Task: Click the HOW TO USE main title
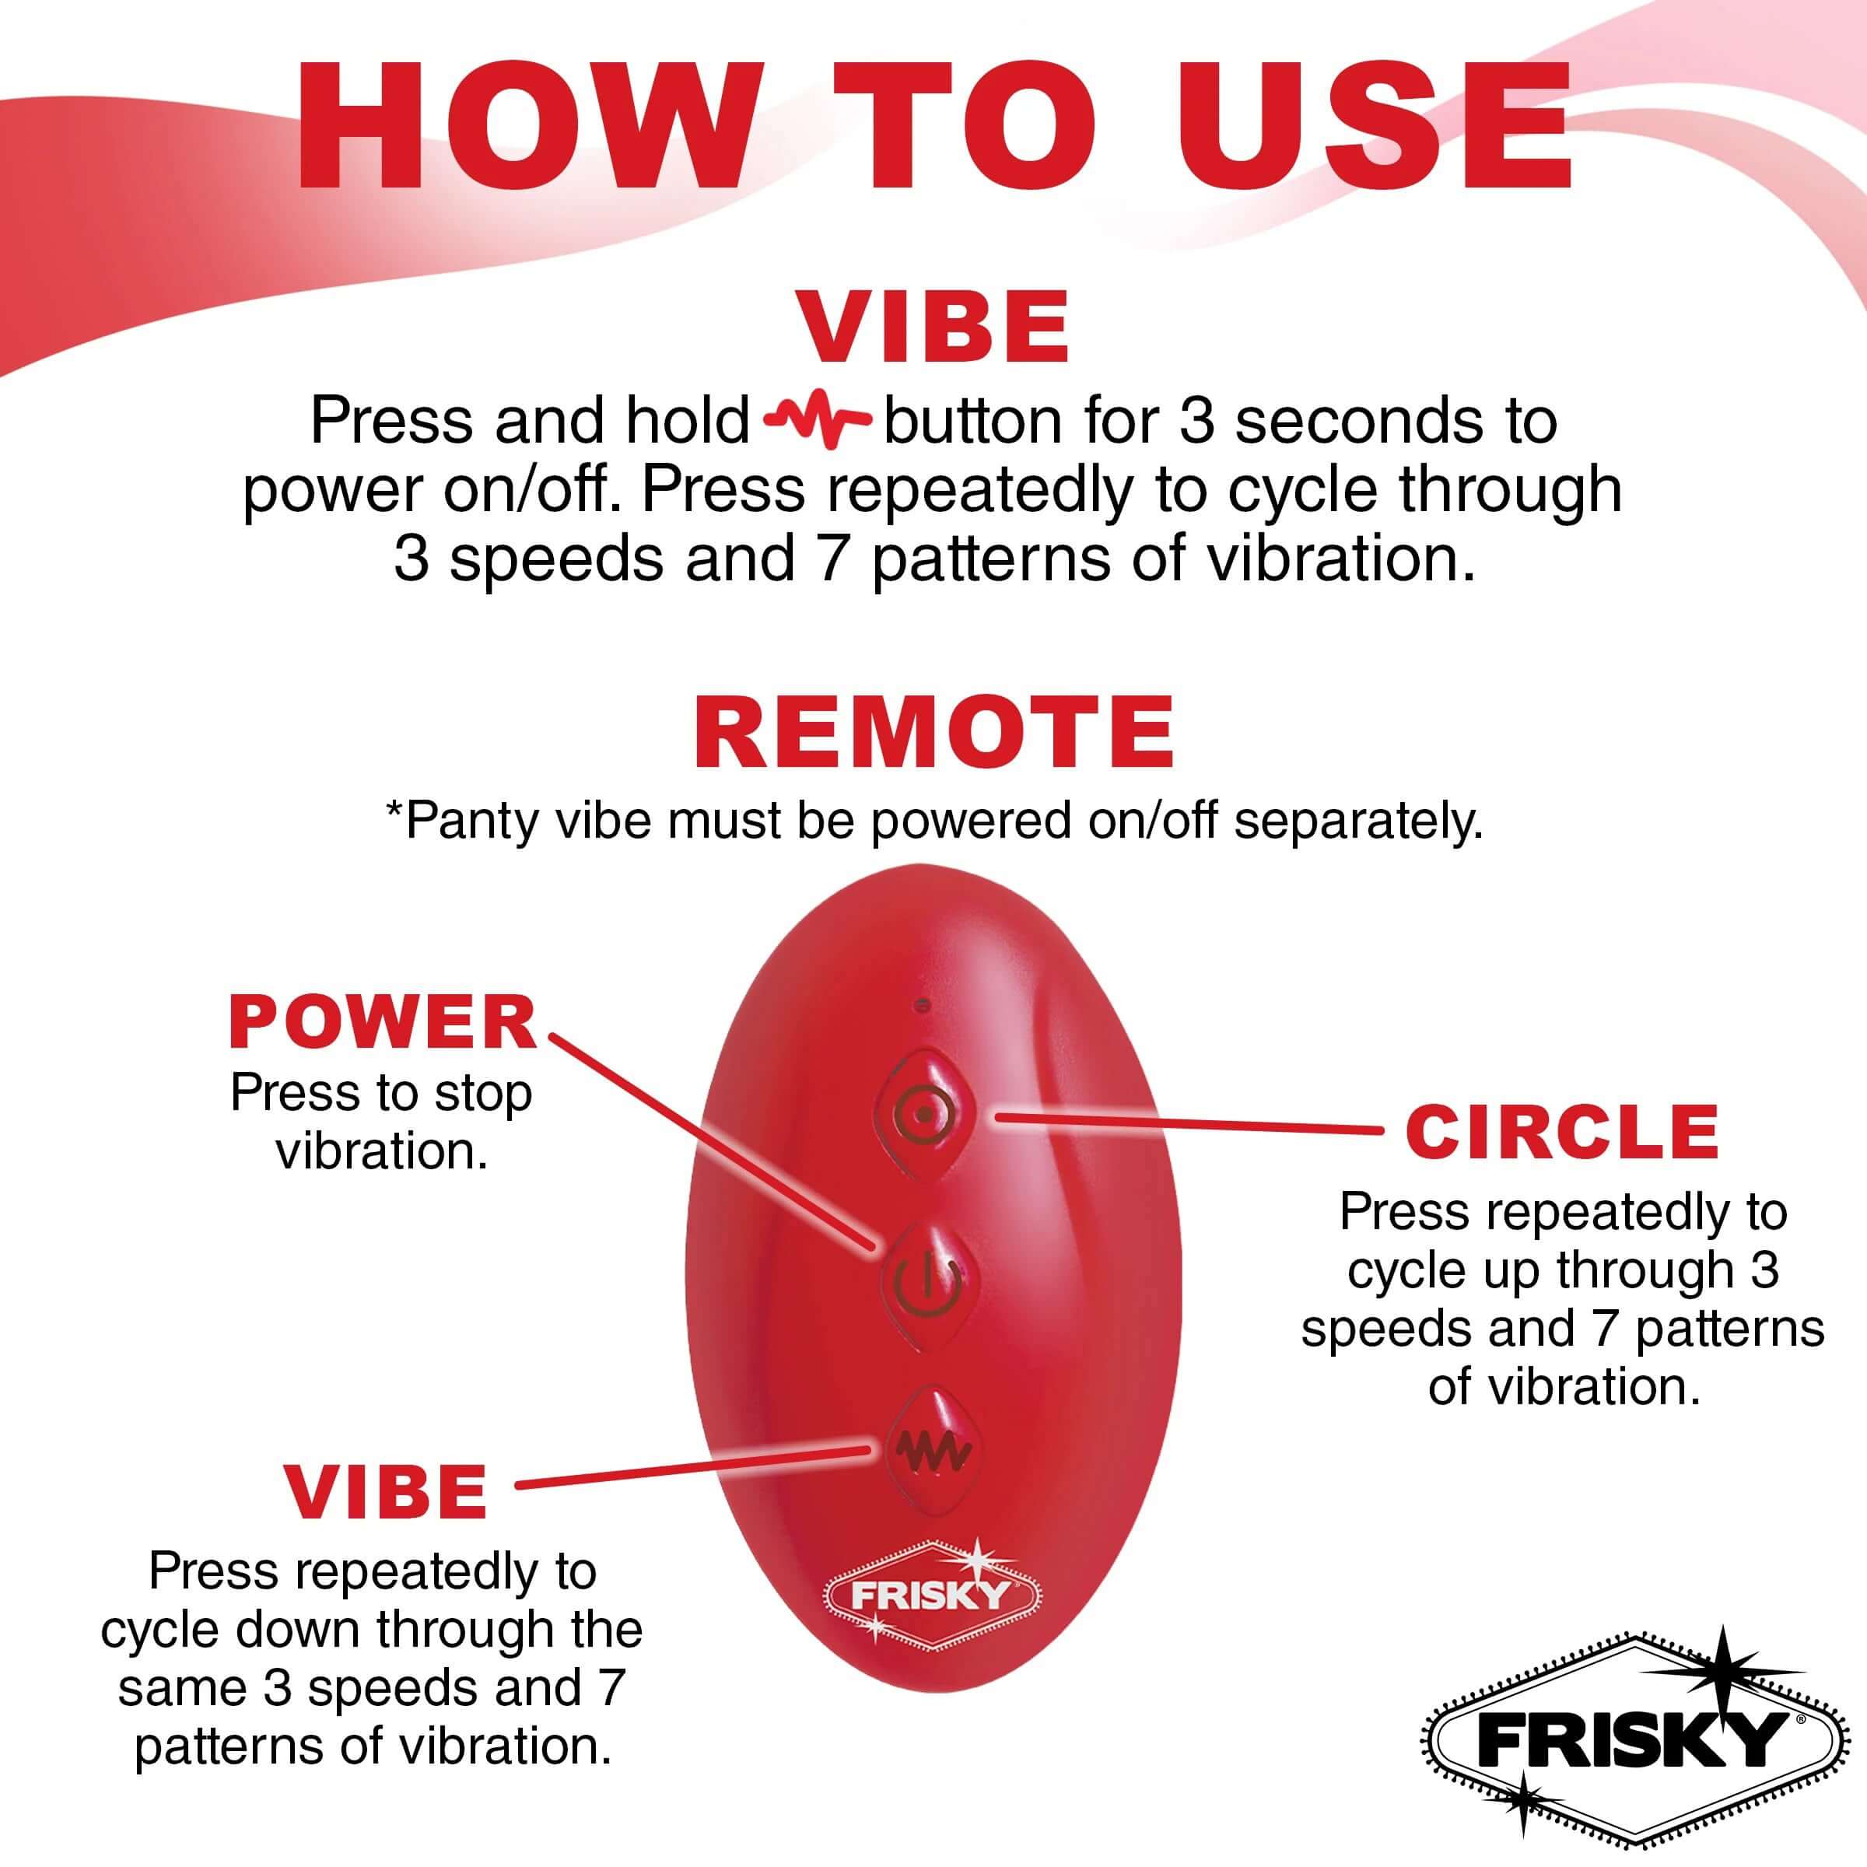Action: [933, 128]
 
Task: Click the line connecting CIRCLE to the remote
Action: [1189, 1124]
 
